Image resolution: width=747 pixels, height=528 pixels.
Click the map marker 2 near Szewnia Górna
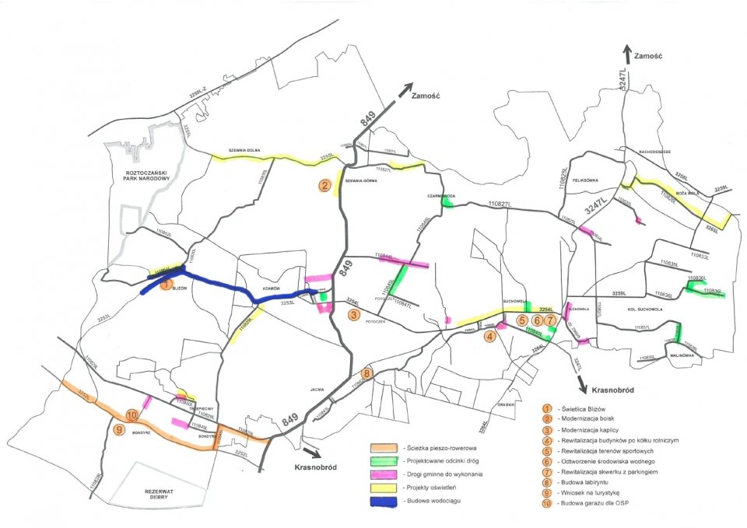coord(325,185)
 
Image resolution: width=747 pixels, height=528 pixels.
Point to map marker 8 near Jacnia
coord(366,372)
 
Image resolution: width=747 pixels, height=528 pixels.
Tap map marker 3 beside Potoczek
coord(353,315)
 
